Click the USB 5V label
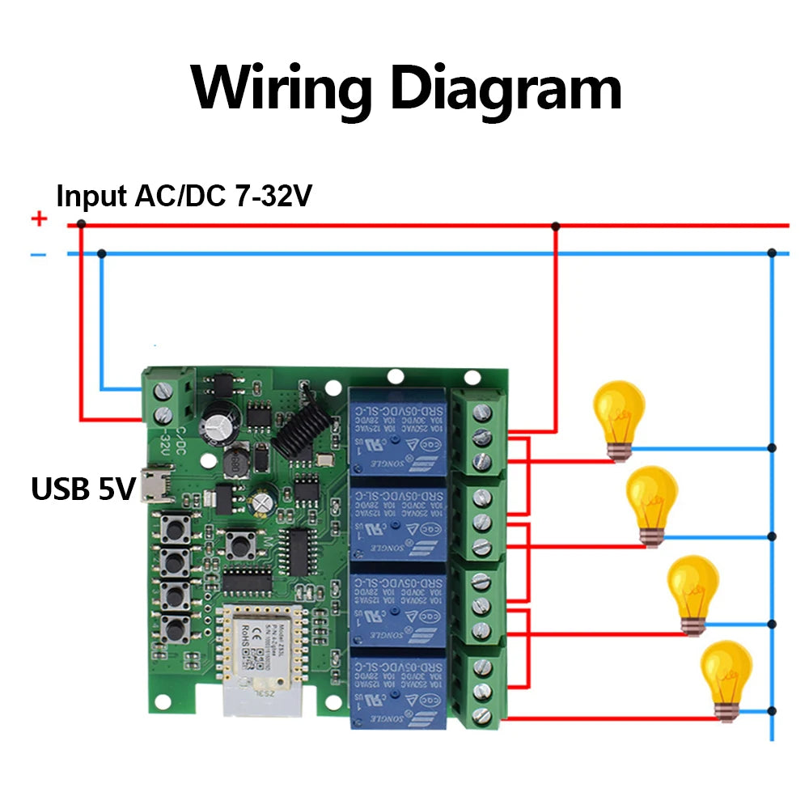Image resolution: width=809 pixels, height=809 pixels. (81, 489)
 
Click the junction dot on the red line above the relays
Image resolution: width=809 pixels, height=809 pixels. (555, 226)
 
